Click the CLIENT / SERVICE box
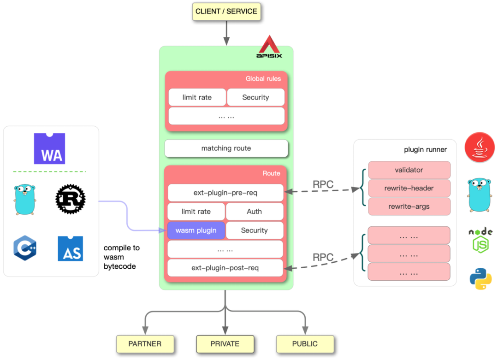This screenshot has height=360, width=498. pos(226,12)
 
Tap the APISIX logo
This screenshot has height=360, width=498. pos(269,47)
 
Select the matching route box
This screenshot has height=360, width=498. pos(226,148)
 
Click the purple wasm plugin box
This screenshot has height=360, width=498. pos(196,230)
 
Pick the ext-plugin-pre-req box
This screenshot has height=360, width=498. pos(225,193)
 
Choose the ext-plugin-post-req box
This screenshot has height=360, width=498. pos(225,268)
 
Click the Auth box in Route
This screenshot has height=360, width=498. pos(254,212)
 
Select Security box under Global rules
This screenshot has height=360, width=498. pos(255,97)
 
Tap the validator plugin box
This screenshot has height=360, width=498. pos(409,170)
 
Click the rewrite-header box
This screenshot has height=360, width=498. pos(409,188)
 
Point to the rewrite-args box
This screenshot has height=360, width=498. pos(409,207)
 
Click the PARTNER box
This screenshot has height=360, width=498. pos(145,344)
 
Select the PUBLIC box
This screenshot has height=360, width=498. pos(305,344)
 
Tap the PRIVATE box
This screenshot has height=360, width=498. pos(225,344)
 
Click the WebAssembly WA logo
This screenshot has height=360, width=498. pos(49,149)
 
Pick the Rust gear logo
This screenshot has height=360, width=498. pos(71,199)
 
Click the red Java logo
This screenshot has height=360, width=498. pos(480,148)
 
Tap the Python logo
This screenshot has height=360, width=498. pos(480,278)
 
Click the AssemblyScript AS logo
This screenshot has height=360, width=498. pos(71,249)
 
